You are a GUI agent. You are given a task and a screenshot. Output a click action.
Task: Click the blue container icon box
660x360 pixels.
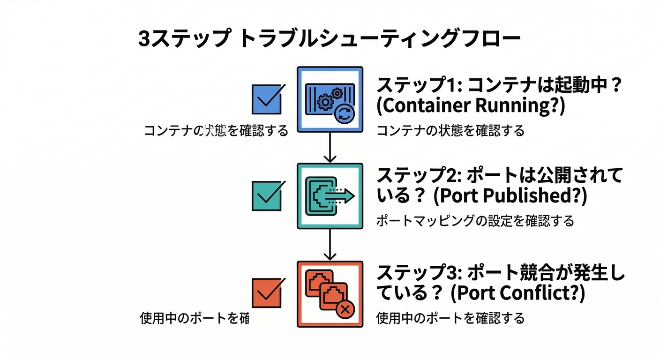(x=330, y=99)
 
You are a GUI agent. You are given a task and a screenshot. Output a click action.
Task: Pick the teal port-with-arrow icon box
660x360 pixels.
(x=330, y=196)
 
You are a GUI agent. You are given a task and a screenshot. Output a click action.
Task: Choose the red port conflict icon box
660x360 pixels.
(x=330, y=294)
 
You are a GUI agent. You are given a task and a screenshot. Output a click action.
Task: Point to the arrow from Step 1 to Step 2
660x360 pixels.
(x=330, y=148)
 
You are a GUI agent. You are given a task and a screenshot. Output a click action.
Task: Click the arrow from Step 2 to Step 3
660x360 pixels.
(x=330, y=245)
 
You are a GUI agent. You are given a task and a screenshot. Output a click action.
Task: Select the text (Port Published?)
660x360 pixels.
(x=510, y=196)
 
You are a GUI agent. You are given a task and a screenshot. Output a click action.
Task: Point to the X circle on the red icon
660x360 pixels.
(x=345, y=308)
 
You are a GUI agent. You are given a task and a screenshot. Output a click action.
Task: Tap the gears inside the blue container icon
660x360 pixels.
(x=327, y=99)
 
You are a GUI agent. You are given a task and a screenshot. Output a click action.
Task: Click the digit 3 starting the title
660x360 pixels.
(x=144, y=39)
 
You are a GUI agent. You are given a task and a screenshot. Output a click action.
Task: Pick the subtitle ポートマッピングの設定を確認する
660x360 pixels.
(x=475, y=221)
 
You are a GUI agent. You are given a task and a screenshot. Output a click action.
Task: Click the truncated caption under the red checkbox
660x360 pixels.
(x=194, y=318)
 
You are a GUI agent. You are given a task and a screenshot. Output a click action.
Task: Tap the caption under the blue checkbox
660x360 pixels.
(x=216, y=130)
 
